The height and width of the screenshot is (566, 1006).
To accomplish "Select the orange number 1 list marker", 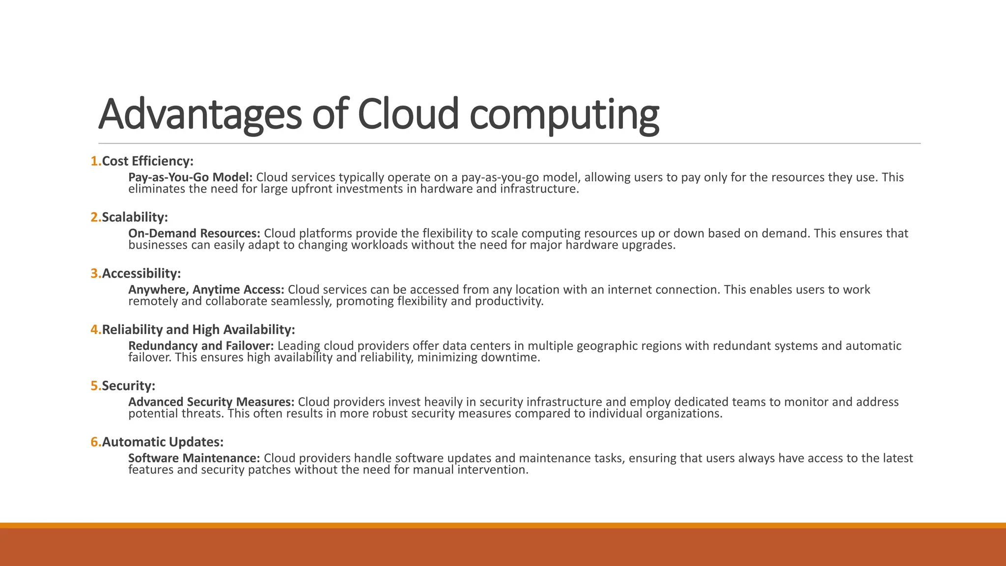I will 94,161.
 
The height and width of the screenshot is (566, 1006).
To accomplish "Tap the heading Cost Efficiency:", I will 147,161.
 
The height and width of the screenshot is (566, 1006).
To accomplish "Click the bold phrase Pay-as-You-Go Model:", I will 190,177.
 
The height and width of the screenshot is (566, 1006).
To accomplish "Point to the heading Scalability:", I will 135,217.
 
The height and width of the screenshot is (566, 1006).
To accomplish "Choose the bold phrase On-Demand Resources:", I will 194,233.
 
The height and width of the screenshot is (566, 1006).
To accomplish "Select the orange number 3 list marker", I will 94,274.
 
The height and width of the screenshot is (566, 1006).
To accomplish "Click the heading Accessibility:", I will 141,274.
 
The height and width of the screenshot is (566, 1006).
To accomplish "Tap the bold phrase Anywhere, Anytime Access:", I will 206,290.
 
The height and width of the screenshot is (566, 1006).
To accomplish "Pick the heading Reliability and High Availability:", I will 198,330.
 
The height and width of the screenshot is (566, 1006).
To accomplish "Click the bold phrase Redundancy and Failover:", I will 201,346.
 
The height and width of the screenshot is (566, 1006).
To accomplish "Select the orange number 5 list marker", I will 94,386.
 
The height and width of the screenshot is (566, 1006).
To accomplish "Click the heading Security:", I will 128,386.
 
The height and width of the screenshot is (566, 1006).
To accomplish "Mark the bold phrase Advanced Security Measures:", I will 211,402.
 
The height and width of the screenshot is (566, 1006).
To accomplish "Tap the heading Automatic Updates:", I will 163,442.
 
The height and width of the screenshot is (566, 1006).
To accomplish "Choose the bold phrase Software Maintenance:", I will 194,458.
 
